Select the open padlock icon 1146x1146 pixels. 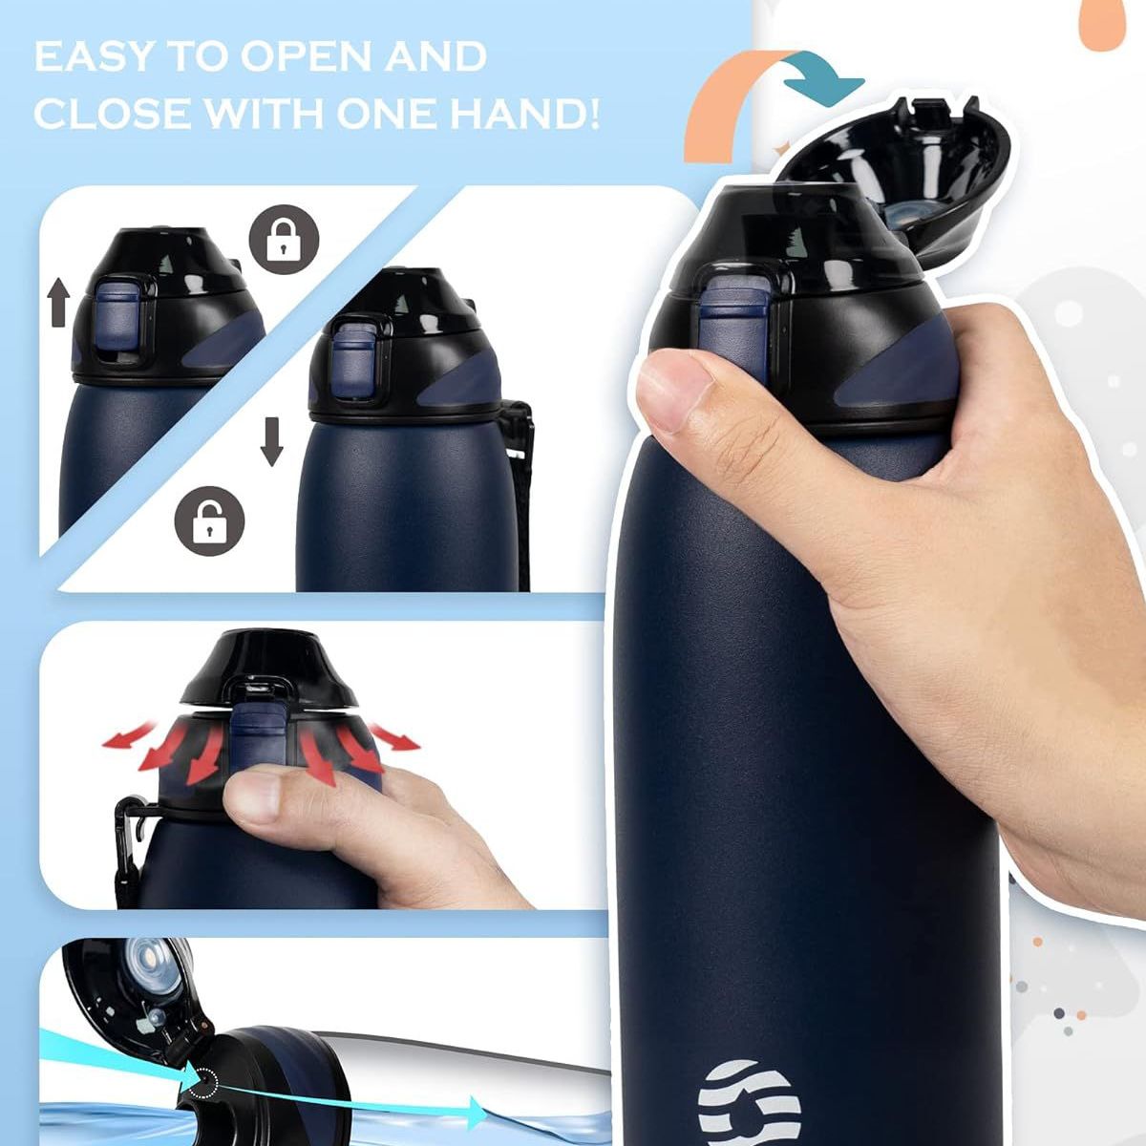click(x=209, y=520)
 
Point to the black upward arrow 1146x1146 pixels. click(x=59, y=302)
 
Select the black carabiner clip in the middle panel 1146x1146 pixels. click(x=130, y=840)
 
